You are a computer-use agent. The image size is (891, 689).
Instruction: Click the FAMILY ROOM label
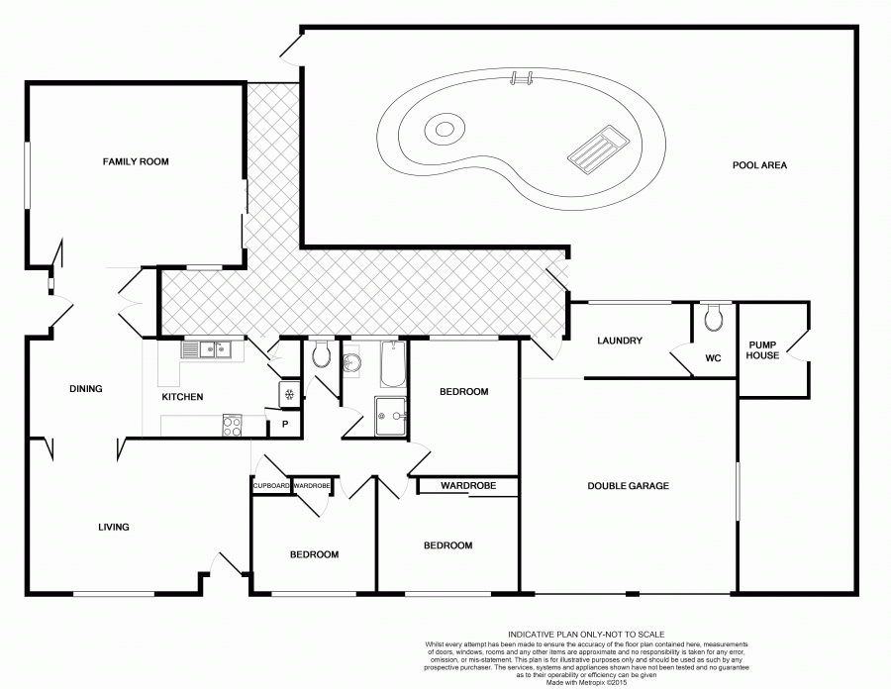click(x=136, y=160)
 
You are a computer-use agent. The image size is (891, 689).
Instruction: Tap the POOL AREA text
click(x=759, y=165)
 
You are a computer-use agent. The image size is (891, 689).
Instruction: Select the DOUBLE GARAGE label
click(x=628, y=486)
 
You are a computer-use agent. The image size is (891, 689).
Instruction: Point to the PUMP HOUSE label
click(x=763, y=349)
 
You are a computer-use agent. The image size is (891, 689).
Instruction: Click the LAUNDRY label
click(x=621, y=342)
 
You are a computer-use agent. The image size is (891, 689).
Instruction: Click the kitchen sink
click(x=207, y=348)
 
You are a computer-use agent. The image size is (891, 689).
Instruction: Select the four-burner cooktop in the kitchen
click(x=232, y=426)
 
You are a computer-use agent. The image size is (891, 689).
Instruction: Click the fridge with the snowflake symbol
click(x=288, y=393)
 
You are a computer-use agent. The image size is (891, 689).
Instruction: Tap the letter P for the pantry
click(x=285, y=425)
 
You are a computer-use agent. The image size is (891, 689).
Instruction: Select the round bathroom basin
click(x=350, y=363)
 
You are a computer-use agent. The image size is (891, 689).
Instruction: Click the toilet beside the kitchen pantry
click(x=321, y=356)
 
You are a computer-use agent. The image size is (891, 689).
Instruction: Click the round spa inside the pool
click(x=443, y=128)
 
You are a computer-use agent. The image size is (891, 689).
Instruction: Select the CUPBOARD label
click(x=271, y=486)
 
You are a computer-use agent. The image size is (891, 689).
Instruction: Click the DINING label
click(x=86, y=389)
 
